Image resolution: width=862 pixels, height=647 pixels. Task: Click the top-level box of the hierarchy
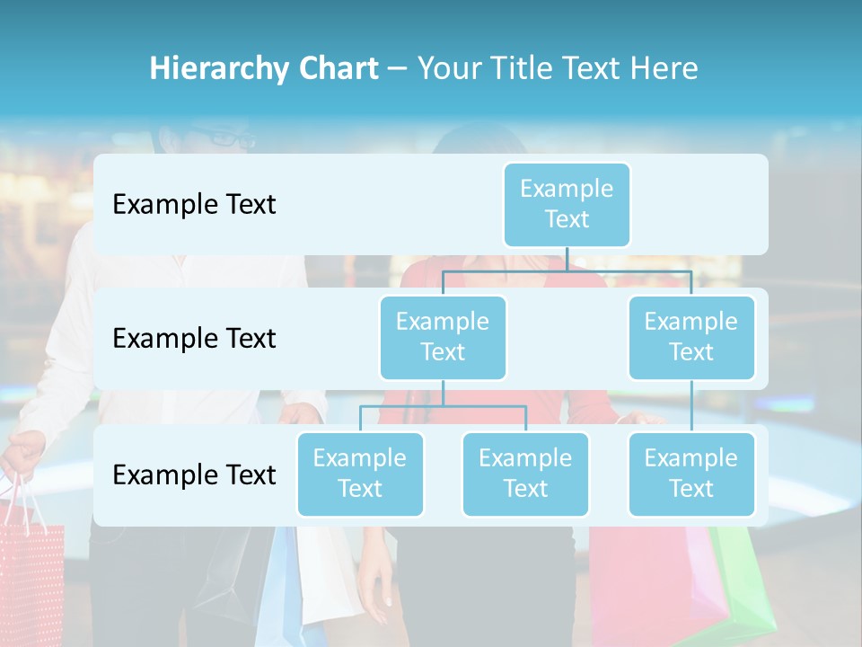click(x=567, y=204)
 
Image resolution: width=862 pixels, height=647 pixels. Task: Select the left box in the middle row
click(x=443, y=337)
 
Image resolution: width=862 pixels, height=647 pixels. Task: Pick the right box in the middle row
click(x=691, y=337)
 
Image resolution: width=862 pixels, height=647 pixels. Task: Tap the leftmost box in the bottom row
click(x=360, y=474)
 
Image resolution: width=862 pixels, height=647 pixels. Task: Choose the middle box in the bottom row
click(x=525, y=474)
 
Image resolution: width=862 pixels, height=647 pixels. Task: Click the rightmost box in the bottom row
click(x=691, y=474)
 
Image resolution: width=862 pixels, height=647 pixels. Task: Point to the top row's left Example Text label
click(x=194, y=204)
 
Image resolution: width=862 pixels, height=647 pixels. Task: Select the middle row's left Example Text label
click(x=194, y=339)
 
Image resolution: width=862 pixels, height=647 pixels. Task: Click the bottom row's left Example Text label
click(x=194, y=474)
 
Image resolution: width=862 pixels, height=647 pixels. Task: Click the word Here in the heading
click(x=666, y=68)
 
